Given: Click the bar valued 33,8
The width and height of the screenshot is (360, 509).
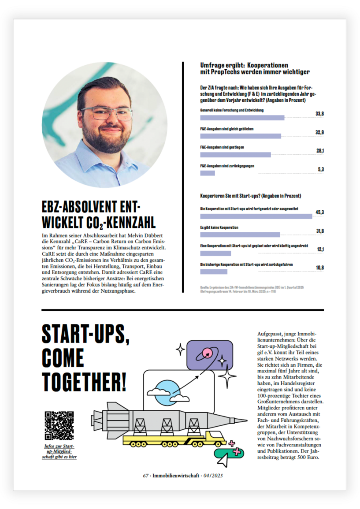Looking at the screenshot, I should (x=242, y=118).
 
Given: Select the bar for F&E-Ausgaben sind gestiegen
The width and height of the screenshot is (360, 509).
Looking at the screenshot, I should (x=235, y=155).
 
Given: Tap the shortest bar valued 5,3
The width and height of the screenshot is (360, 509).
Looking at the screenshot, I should (x=207, y=173).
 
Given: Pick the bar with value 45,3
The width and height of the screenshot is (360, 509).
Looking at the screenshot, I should (x=256, y=216).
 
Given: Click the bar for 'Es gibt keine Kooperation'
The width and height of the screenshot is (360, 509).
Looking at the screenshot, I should (x=240, y=235).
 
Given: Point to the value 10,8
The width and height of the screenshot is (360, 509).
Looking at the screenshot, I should (x=320, y=268).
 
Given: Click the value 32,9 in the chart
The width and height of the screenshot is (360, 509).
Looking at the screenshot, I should (x=320, y=132).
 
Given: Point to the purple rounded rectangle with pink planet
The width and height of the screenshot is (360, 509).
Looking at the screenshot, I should (x=210, y=355).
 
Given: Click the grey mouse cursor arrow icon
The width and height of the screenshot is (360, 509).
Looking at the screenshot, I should (x=223, y=460).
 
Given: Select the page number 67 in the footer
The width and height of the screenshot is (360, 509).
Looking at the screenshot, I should (x=146, y=476).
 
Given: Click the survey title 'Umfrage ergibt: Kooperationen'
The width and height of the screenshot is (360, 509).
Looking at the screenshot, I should (x=244, y=65).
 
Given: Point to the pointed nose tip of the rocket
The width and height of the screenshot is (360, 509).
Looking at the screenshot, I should (x=247, y=419).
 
